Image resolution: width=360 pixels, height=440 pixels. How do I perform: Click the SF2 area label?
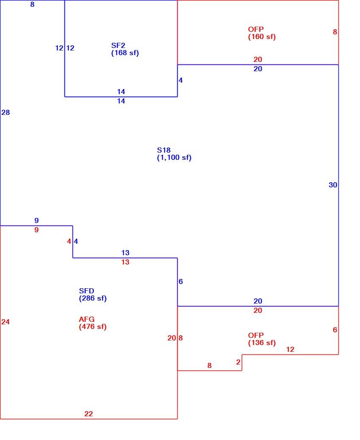[x=118, y=45]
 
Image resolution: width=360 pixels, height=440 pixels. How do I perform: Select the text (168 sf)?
[x=125, y=53]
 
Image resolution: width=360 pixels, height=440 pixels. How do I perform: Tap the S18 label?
[x=164, y=150]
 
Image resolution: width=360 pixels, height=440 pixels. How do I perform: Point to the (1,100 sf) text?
[x=174, y=157]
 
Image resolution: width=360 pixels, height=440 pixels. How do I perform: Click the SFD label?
[x=87, y=291]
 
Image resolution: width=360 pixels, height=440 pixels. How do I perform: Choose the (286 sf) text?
[x=93, y=298]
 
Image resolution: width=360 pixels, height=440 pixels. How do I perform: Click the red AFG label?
[x=87, y=319]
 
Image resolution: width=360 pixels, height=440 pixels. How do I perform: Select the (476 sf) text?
[x=93, y=327]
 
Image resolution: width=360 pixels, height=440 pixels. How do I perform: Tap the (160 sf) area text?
[x=262, y=37]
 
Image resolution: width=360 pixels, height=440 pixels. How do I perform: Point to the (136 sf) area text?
[x=262, y=343]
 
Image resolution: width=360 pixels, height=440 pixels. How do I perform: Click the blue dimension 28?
[x=6, y=112]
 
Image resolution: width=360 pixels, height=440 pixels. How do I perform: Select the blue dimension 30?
[x=333, y=185]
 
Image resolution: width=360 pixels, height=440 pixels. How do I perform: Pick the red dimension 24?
[x=6, y=322]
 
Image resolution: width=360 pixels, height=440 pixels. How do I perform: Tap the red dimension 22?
[x=89, y=414]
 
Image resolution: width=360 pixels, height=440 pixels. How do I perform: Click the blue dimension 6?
[x=181, y=281]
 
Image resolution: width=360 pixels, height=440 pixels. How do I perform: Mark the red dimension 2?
[x=238, y=362]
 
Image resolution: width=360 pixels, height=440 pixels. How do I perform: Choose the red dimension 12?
[x=290, y=349]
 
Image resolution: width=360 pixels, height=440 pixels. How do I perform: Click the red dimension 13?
[x=125, y=262]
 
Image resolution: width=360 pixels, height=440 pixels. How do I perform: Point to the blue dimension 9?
[x=36, y=220]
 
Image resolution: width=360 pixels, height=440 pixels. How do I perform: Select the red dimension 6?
[x=335, y=330]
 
